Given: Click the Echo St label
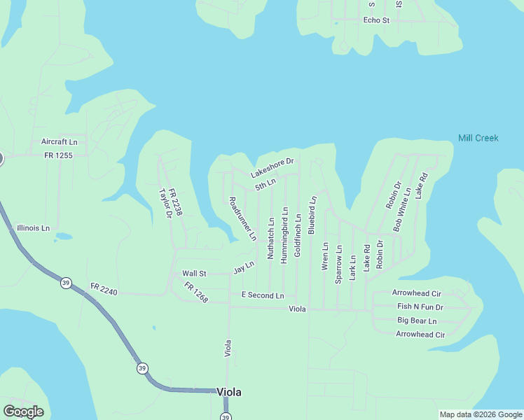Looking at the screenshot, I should point(376,20).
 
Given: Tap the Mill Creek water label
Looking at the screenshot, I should point(478,138).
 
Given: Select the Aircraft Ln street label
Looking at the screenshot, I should point(59,141).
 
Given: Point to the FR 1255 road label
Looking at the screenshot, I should point(58,155).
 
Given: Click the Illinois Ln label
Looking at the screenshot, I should point(34,228).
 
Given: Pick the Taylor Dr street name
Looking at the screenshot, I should point(165,204).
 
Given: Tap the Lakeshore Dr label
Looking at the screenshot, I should point(273,167).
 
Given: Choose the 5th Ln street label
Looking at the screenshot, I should point(266,184).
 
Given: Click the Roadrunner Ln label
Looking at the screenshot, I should point(242,218).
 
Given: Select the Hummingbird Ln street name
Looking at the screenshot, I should point(284,234).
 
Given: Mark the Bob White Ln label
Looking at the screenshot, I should point(402,209).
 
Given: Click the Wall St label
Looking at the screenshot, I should point(194,274).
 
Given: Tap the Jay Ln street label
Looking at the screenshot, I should point(243,267).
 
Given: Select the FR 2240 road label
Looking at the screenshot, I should point(105,288).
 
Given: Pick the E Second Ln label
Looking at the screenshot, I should point(263,295).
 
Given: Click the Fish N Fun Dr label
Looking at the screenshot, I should point(420,307).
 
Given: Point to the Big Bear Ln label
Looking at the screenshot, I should point(417,321).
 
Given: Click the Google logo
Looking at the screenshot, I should point(23,412).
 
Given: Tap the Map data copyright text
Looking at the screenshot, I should point(481,414).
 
